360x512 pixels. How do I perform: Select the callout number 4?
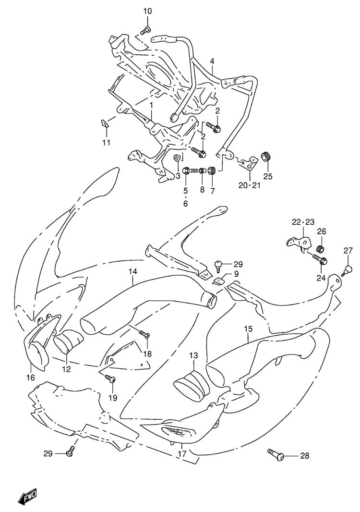coord(212,61)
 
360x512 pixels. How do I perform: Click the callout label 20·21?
coord(250,185)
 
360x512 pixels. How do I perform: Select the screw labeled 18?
coord(144,333)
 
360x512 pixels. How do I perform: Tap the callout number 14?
coord(133,271)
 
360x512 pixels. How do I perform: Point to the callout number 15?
coord(248,329)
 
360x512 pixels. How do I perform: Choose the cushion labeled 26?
coord(321,249)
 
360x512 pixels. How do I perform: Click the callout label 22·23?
coord(303,222)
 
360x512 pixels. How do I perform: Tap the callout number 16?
coord(30,378)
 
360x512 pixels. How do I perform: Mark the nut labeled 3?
coord(176,158)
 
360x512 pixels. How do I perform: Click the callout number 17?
coord(182,453)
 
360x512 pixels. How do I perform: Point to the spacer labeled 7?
coord(212,171)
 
